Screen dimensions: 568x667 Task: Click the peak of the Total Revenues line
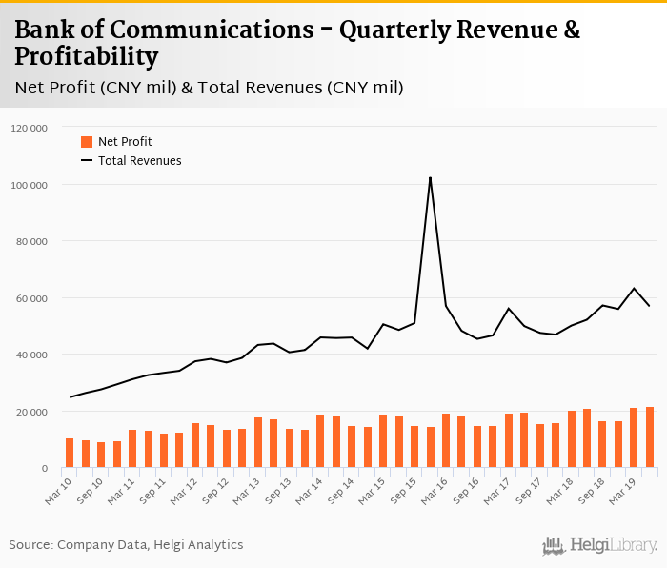pyautogui.click(x=430, y=178)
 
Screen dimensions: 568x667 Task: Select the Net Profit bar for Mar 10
pyautogui.click(x=70, y=453)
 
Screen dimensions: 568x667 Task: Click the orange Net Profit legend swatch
pyautogui.click(x=87, y=142)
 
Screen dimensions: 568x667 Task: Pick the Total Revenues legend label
pyautogui.click(x=139, y=161)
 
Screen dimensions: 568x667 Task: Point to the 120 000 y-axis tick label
pyautogui.click(x=30, y=127)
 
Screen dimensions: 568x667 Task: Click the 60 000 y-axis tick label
pyautogui.click(x=31, y=298)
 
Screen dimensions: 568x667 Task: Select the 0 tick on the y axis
pyautogui.click(x=44, y=469)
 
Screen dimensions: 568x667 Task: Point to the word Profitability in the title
pyautogui.click(x=86, y=57)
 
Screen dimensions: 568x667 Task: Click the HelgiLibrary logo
pyautogui.click(x=600, y=546)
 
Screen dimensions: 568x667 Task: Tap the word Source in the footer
pyautogui.click(x=30, y=545)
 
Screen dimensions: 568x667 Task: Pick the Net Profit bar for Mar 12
pyautogui.click(x=195, y=446)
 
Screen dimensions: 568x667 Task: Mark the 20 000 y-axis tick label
pyautogui.click(x=31, y=412)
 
